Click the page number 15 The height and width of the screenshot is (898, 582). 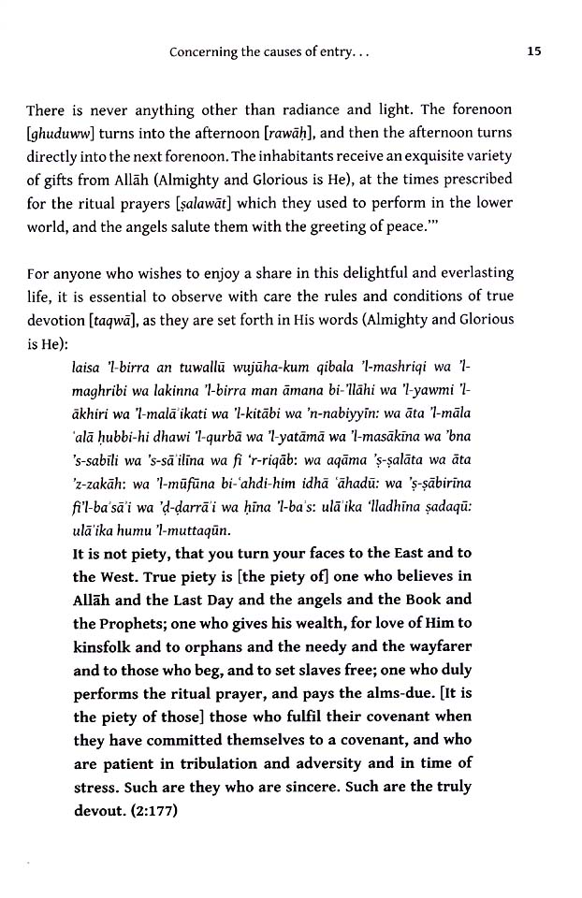534,53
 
